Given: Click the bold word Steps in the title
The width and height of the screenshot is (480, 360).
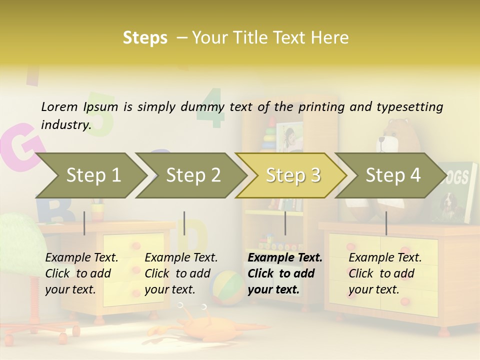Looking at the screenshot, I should [145, 37].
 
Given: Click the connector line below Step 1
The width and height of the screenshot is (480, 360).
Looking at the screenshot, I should [84, 223].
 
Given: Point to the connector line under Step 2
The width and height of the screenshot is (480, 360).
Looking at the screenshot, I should [184, 223].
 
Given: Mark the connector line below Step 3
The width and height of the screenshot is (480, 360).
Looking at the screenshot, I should [285, 223].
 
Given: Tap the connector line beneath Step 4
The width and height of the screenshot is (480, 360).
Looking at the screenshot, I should [386, 223].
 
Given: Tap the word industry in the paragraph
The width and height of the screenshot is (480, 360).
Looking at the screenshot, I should [65, 124].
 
